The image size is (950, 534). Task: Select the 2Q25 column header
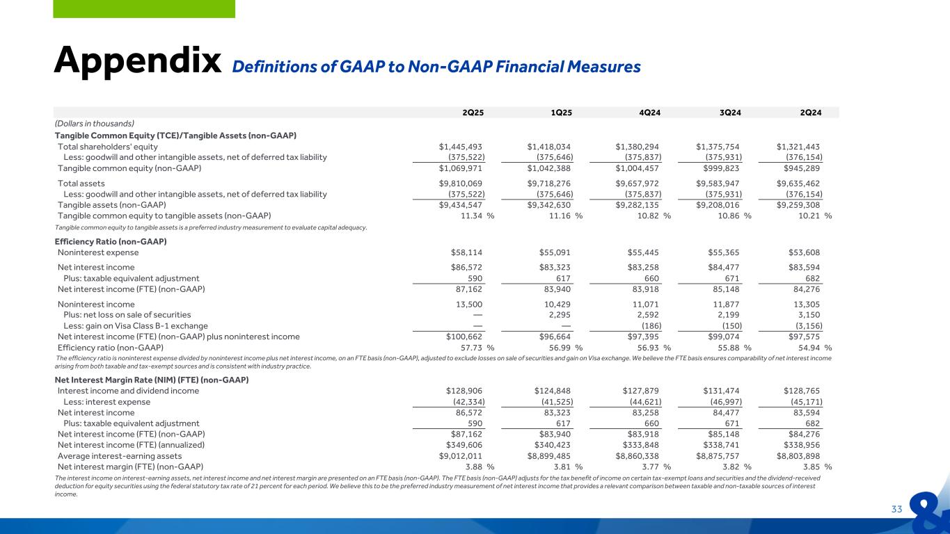[472, 113]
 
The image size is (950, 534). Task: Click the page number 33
[896, 509]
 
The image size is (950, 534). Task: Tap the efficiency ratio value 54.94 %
[808, 348]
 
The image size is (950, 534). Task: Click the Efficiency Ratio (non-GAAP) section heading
[111, 241]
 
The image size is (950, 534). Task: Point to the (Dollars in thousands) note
[95, 123]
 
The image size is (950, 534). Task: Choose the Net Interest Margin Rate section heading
[152, 380]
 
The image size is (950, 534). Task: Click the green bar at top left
[144, 8]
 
